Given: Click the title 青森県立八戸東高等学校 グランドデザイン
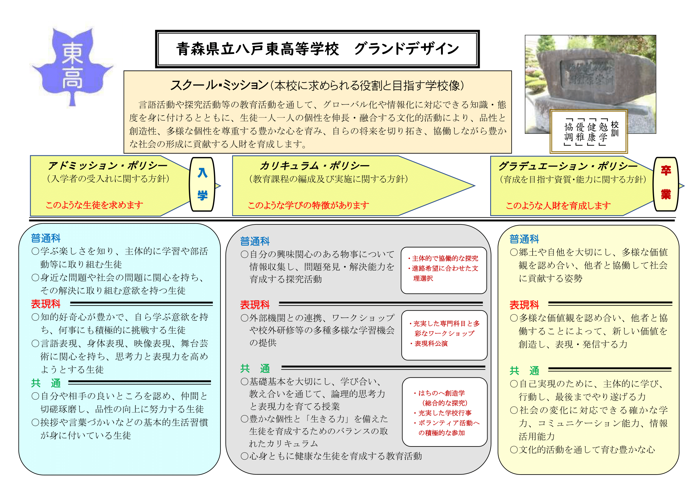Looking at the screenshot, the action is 318,49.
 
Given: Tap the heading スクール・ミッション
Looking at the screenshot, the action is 220,85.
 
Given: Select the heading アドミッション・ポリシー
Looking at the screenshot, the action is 108,165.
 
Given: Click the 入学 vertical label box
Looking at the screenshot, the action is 202,184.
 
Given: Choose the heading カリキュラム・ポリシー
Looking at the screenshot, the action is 314,165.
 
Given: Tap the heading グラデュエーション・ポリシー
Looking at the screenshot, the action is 568,166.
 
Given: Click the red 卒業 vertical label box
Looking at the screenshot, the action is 666,184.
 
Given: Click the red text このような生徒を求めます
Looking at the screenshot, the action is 94,205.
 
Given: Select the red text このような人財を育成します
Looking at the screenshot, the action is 558,206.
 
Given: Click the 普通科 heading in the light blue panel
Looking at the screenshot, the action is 46,238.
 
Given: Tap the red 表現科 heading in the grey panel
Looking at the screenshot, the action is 255,305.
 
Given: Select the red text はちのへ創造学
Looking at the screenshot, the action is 442,393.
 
